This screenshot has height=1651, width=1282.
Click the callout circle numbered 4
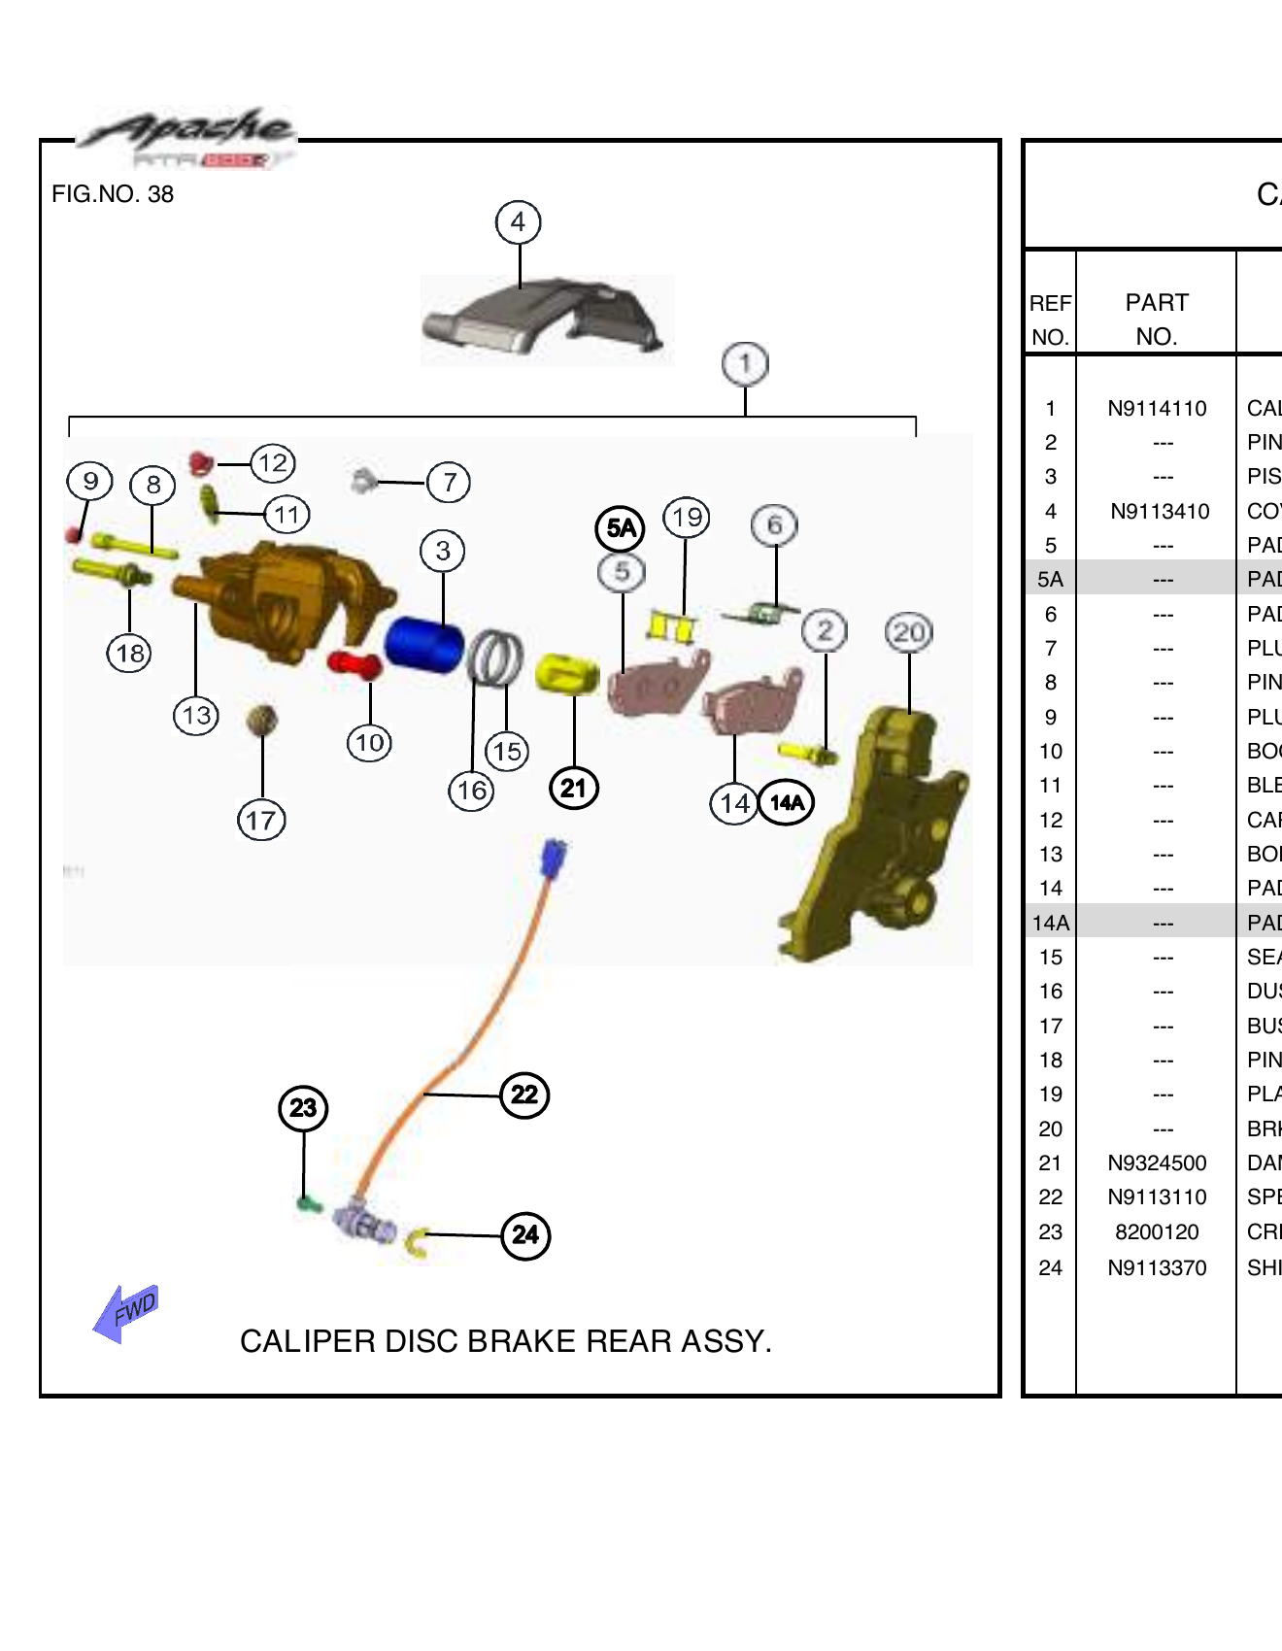tap(518, 222)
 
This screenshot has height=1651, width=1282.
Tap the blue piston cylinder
tap(423, 645)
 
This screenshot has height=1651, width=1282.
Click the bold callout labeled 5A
tap(620, 528)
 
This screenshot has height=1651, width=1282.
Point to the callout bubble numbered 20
tap(909, 633)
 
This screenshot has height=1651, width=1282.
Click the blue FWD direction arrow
tap(125, 1314)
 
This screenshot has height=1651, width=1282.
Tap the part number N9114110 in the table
tap(1157, 409)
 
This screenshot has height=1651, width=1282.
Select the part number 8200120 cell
tap(1157, 1232)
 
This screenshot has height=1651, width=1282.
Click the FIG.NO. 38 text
tap(113, 194)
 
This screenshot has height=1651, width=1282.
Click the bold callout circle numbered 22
tap(524, 1095)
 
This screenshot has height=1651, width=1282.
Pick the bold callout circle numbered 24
tap(525, 1235)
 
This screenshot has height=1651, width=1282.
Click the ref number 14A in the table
tap(1050, 923)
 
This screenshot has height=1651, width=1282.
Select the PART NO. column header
tap(1157, 320)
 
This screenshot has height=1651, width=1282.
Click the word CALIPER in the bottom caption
tap(307, 1341)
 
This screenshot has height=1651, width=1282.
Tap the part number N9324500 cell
tap(1157, 1163)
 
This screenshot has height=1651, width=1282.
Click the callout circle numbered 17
tap(261, 821)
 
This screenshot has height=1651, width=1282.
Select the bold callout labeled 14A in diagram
tap(787, 803)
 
